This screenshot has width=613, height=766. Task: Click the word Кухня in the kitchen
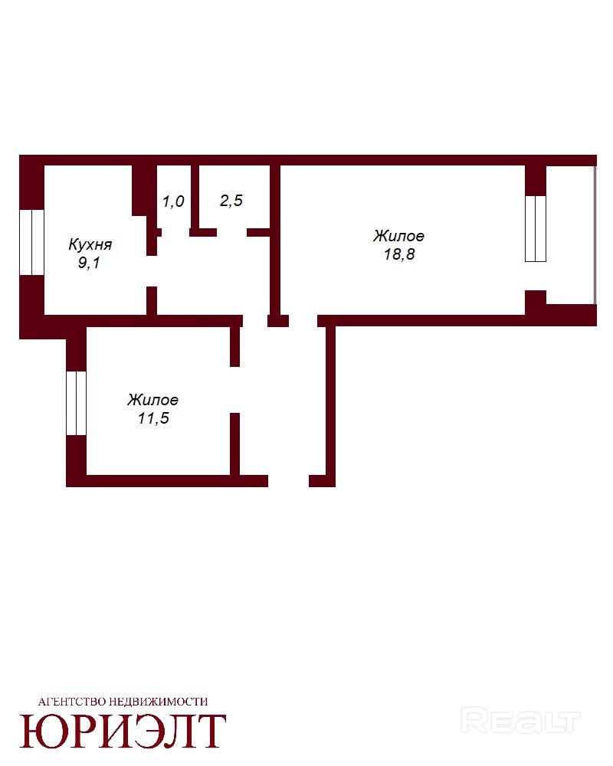(90, 244)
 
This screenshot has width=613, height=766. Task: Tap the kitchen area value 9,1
(89, 263)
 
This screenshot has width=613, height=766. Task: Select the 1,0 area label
(173, 201)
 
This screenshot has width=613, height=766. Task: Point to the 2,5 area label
(231, 200)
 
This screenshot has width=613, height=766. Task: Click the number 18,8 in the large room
(399, 254)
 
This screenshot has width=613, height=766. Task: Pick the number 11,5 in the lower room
(153, 418)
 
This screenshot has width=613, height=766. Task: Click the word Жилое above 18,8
(399, 236)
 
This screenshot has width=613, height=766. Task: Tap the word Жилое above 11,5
(153, 400)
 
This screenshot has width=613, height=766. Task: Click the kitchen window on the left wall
(31, 242)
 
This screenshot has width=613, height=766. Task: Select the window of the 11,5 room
(77, 404)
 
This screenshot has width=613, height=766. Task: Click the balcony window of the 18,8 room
(536, 228)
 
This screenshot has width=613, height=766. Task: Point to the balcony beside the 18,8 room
(570, 235)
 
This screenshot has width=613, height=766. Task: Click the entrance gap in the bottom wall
(288, 481)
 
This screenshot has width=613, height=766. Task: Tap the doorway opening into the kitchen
(152, 271)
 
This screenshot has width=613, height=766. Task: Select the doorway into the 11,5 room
(235, 390)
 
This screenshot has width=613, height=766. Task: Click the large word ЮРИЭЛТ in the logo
(123, 731)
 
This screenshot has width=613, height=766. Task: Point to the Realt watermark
(520, 722)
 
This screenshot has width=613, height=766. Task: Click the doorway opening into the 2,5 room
(231, 233)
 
